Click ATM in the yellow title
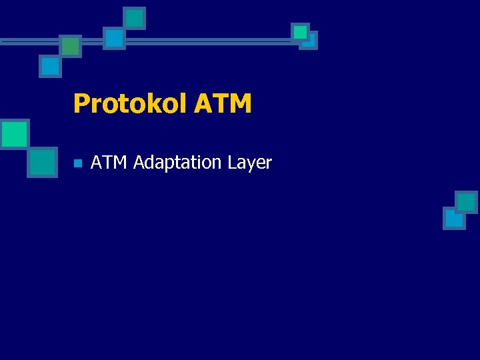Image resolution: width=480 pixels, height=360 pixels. click(x=223, y=104)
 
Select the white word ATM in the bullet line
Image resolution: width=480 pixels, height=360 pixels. click(x=109, y=162)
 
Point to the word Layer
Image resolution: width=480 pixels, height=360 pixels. click(x=249, y=163)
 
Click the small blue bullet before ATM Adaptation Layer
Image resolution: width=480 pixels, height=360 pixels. click(x=77, y=163)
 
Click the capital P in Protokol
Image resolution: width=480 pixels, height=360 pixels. click(x=81, y=104)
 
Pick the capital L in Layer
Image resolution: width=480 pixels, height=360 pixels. click(x=231, y=162)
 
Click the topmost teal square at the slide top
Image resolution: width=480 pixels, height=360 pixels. click(x=135, y=18)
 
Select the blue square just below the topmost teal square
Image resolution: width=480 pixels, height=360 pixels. click(x=115, y=38)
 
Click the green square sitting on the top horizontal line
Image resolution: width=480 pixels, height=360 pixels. click(x=70, y=46)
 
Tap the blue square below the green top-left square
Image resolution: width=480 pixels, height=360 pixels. click(x=50, y=67)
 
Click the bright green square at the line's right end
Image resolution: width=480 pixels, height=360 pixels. click(x=301, y=31)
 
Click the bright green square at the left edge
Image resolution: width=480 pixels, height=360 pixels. click(x=14, y=134)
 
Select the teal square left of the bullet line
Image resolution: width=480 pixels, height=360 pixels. click(x=43, y=162)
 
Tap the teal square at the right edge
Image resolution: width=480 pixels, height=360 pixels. click(x=467, y=202)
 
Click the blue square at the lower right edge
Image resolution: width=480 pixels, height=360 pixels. click(x=453, y=219)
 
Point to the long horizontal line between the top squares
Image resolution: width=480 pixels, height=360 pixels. click(x=207, y=41)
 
